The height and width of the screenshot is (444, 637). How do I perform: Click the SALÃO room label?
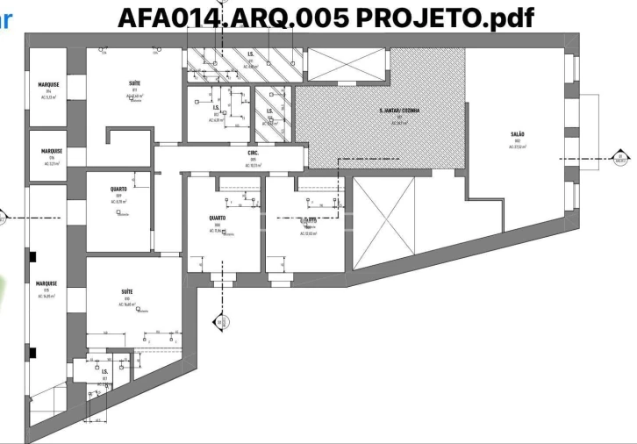(517, 135)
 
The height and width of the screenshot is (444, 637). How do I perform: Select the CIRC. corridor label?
(253, 153)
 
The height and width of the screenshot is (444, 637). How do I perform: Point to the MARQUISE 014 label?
(49, 86)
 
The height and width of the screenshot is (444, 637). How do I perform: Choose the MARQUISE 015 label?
(47, 283)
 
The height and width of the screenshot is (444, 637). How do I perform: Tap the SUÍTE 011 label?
(135, 83)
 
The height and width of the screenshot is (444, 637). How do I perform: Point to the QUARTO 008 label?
(218, 218)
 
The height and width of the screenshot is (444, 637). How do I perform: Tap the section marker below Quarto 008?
(218, 323)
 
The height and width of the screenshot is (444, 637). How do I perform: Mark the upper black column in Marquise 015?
(32, 257)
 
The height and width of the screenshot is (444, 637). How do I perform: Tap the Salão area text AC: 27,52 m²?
(517, 147)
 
